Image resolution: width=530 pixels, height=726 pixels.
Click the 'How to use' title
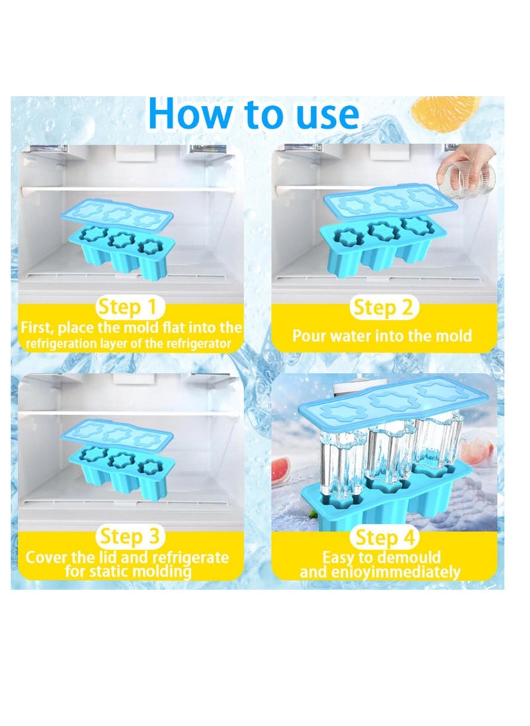tap(254, 114)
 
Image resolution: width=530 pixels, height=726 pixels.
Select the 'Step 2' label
tap(383, 307)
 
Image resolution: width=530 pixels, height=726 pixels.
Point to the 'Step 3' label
tap(130, 536)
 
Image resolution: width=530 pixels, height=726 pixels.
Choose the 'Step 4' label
tap(385, 538)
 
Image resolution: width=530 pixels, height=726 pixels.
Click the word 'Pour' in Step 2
tap(307, 336)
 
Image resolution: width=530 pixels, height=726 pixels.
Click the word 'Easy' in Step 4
tap(337, 558)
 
